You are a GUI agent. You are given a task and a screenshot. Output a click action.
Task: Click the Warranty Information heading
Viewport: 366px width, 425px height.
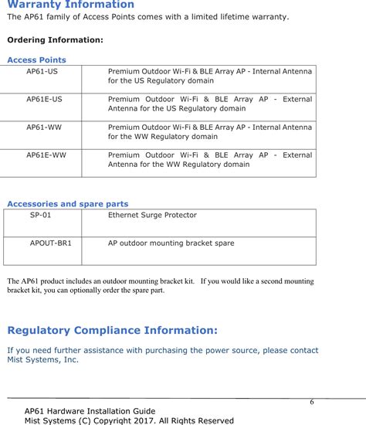(x=70, y=5)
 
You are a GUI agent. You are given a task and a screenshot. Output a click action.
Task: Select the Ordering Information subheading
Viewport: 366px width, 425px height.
(x=55, y=39)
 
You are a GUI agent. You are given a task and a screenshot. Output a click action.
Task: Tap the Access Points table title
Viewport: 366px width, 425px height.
(x=36, y=59)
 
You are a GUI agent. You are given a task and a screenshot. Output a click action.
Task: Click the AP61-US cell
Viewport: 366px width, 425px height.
(x=42, y=70)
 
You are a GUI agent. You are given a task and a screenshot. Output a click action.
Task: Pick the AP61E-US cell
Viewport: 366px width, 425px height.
(x=45, y=100)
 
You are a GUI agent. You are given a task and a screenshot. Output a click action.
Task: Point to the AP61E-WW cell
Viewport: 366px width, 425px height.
(x=46, y=155)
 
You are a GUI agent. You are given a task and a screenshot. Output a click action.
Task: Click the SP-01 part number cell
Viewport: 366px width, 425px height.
(x=41, y=215)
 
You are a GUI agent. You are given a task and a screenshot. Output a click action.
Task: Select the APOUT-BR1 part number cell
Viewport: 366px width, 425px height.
(x=51, y=243)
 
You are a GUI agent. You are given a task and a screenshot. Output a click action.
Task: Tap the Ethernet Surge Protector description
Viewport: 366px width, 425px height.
(x=152, y=215)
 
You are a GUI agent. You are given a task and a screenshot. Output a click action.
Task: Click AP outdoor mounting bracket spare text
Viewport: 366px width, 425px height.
(x=171, y=243)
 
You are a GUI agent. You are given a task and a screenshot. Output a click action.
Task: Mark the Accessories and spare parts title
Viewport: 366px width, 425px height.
(x=67, y=204)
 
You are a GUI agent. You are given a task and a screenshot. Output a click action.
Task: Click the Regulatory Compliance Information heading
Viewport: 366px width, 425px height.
(x=112, y=331)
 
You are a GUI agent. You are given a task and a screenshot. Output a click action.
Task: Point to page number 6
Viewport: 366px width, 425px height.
(x=312, y=403)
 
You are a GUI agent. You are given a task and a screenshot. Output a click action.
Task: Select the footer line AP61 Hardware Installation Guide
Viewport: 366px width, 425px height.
(x=90, y=411)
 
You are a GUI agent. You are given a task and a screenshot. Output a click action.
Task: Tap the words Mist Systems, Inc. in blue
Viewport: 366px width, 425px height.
(x=42, y=360)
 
